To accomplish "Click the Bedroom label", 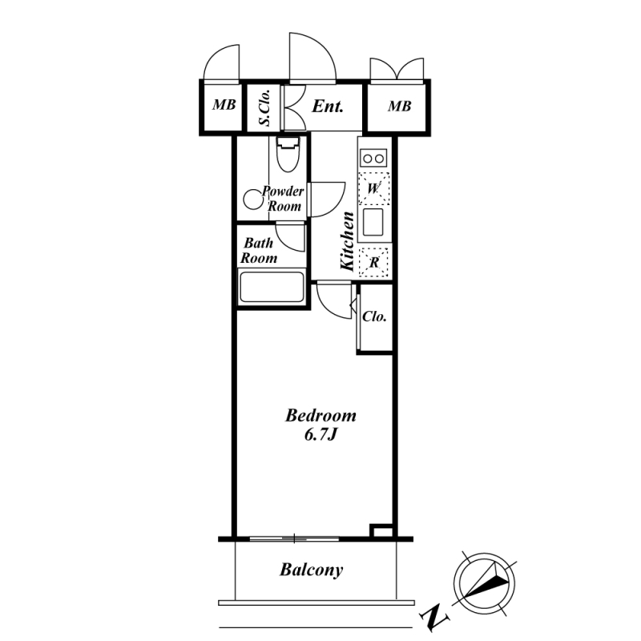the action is coord(320,416).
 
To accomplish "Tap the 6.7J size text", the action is coord(320,435).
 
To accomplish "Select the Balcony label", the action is coord(311,570).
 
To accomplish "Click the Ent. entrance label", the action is coord(328,107).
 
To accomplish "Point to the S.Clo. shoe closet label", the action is coord(264,107).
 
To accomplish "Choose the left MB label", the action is coord(224,105).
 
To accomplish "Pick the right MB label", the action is coord(399,107).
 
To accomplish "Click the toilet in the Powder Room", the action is coord(288,155).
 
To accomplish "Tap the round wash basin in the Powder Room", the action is coord(253,200).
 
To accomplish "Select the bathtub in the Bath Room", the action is coord(272,286).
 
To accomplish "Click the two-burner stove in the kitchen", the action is coord(373,158).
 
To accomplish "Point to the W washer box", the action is coord(373,188).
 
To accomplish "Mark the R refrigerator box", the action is coord(373,262).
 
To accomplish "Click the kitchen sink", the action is coord(373,222).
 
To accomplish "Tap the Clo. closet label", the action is coord(374,316).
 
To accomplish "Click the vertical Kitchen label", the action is coord(347,241).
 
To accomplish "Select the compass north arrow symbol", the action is coord(485,583).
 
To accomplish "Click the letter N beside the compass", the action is coord(434,616).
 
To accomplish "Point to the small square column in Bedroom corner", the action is coord(381,530).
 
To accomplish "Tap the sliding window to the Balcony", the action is coord(294,538).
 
